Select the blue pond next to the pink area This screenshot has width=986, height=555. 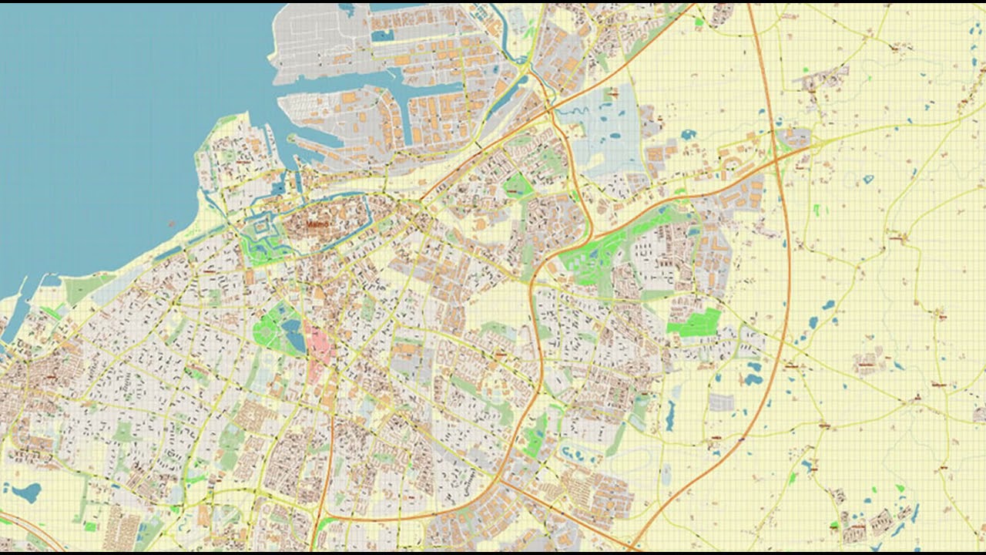(293, 335)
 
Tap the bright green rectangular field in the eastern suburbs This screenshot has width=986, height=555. (695, 322)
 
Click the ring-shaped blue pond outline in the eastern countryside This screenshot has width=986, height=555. (868, 180)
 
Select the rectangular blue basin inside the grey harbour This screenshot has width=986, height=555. (382, 35)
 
